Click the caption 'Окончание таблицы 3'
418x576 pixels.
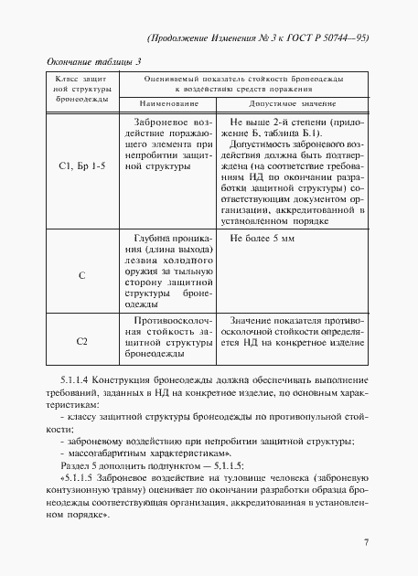tap(93, 61)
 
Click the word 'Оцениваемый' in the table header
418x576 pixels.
tap(179, 82)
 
